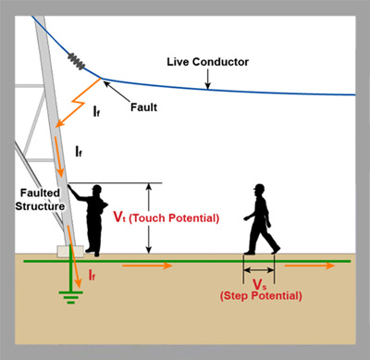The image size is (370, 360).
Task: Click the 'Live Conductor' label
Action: pyautogui.click(x=207, y=62)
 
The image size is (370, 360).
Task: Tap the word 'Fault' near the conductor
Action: pyautogui.click(x=143, y=107)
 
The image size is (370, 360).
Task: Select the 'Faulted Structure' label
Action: pyautogui.click(x=40, y=200)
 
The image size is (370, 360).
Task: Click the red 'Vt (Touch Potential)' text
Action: pyautogui.click(x=166, y=217)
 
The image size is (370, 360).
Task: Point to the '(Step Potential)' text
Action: pyautogui.click(x=261, y=296)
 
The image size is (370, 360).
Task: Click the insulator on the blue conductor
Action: pyautogui.click(x=76, y=61)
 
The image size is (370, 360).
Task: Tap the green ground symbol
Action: pyautogui.click(x=71, y=297)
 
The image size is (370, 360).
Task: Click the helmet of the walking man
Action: pyautogui.click(x=259, y=187)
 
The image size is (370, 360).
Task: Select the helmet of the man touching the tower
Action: pyautogui.click(x=97, y=188)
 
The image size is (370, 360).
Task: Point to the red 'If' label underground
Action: pyautogui.click(x=92, y=275)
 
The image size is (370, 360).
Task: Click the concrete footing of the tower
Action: pyautogui.click(x=70, y=251)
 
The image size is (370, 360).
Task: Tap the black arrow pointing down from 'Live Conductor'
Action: pyautogui.click(x=208, y=80)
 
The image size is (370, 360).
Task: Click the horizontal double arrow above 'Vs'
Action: pyautogui.click(x=259, y=270)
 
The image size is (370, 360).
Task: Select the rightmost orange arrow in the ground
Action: pyautogui.click(x=310, y=266)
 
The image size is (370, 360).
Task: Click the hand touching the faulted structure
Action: pyautogui.click(x=70, y=186)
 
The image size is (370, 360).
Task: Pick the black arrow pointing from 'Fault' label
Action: pyautogui.click(x=117, y=91)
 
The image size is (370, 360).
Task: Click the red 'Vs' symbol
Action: pyautogui.click(x=257, y=284)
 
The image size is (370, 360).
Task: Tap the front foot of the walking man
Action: pyautogui.click(x=276, y=250)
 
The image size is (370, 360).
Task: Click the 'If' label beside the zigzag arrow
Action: pyautogui.click(x=96, y=111)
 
